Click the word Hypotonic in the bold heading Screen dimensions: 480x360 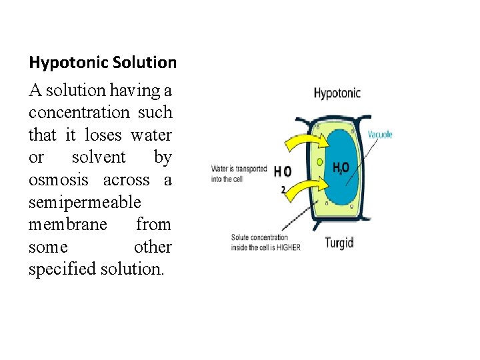(x=68, y=63)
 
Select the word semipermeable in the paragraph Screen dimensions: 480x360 (x=85, y=202)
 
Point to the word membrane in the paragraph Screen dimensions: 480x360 (x=67, y=225)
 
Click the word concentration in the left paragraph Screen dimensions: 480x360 (x=79, y=112)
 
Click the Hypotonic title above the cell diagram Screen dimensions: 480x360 (x=337, y=93)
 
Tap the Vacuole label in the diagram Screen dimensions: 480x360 (x=380, y=134)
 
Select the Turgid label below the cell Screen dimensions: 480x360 (x=339, y=242)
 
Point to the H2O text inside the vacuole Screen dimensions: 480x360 (x=341, y=168)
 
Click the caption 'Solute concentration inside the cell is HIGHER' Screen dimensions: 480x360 (x=265, y=242)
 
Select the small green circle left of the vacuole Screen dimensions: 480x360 (x=320, y=161)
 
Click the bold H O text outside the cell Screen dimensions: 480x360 (x=283, y=172)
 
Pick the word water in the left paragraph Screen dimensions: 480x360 (x=151, y=135)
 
